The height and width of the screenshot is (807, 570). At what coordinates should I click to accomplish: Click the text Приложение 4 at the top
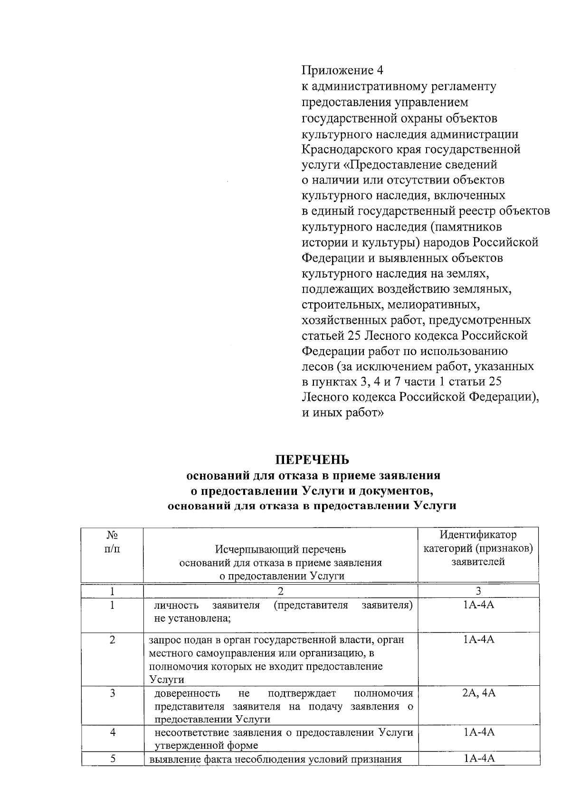342,70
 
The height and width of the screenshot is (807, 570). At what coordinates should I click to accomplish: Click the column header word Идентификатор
478,535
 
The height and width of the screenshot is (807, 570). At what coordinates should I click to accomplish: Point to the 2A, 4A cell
478,693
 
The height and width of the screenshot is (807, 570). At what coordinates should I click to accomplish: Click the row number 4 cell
113,732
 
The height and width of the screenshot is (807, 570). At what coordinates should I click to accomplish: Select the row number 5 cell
113,759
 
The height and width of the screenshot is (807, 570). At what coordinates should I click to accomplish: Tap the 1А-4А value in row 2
478,640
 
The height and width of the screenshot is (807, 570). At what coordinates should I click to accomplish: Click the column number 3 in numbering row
478,591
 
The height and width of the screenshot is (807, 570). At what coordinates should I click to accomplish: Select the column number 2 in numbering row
280,591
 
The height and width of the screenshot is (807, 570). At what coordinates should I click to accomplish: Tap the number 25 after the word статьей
354,336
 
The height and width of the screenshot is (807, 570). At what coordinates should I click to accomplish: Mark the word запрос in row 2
163,640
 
